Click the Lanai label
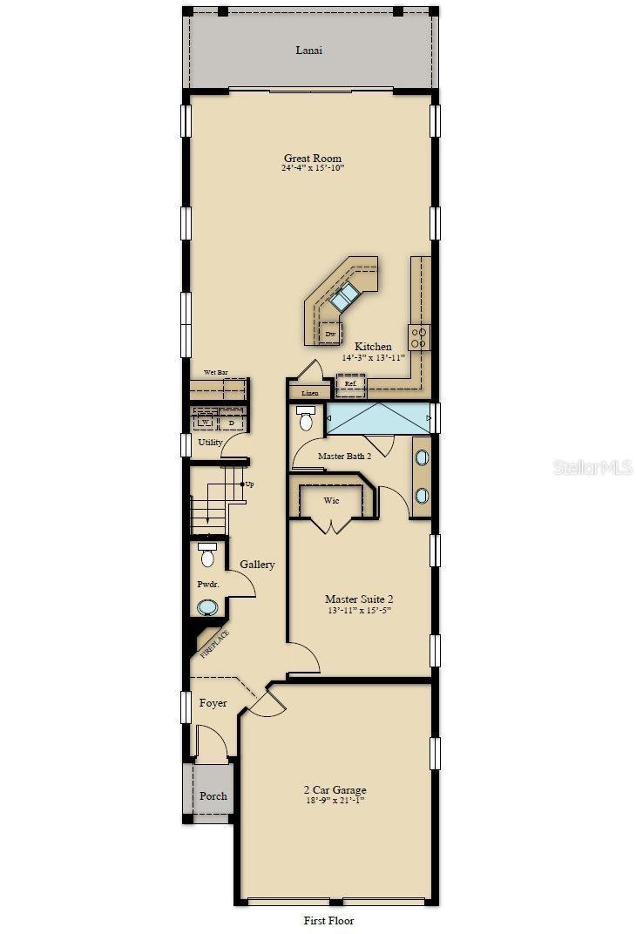click(x=309, y=50)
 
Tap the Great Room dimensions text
click(x=313, y=168)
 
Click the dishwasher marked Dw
click(x=330, y=333)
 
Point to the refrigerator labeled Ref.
click(x=350, y=383)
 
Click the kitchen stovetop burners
click(x=419, y=336)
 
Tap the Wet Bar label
click(x=216, y=373)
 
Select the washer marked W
click(x=206, y=423)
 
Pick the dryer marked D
click(x=231, y=423)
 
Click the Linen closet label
click(x=309, y=393)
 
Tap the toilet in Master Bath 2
click(x=306, y=419)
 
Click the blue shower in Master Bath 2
click(x=380, y=418)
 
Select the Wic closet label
click(x=331, y=501)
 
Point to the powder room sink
click(x=208, y=607)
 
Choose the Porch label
click(x=213, y=795)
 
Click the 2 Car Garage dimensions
click(x=335, y=800)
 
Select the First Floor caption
click(x=328, y=920)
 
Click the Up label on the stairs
click(x=250, y=484)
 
